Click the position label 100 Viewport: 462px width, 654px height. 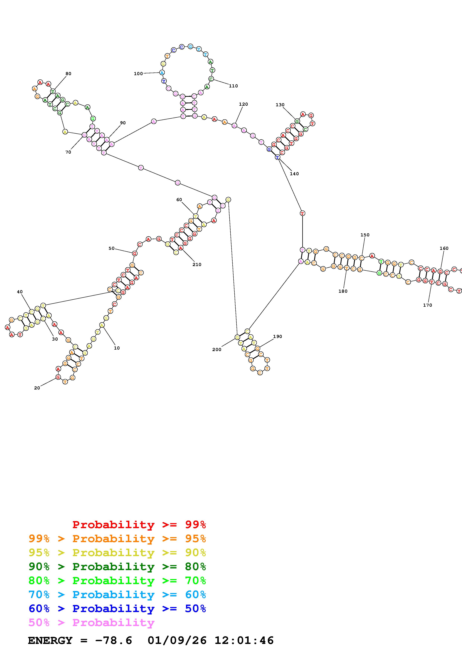point(138,73)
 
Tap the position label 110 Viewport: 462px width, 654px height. point(233,86)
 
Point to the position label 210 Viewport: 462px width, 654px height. point(197,264)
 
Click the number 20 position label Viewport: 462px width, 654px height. point(37,388)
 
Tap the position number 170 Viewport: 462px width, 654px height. point(427,305)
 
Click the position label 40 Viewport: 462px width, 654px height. point(20,292)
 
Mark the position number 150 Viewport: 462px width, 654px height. point(365,235)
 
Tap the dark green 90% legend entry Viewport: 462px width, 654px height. point(117,567)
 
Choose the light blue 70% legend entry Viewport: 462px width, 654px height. point(117,595)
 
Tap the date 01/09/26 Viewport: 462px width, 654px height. point(177,640)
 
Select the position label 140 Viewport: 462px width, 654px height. point(294,174)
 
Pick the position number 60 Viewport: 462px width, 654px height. point(179,200)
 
